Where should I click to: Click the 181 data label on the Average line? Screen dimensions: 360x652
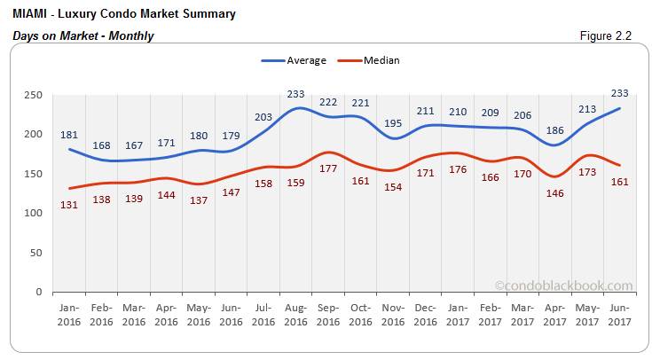[69, 135]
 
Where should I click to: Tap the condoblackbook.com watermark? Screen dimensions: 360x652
[564, 286]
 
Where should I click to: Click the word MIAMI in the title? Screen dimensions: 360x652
[32, 14]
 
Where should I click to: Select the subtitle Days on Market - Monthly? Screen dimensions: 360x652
[83, 35]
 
